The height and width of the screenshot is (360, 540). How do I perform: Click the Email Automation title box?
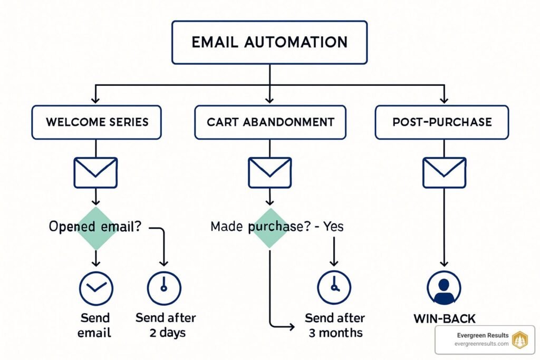tap(269, 42)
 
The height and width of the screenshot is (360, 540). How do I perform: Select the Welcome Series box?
tap(97, 122)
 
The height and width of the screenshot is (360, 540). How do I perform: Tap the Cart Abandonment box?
tap(270, 122)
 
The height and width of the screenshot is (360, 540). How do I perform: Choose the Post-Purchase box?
tap(442, 122)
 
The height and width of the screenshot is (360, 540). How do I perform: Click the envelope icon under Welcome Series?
tap(95, 172)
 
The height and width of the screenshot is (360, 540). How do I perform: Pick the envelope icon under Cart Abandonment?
tap(269, 172)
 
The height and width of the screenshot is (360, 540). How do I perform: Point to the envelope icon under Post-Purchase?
tap(444, 172)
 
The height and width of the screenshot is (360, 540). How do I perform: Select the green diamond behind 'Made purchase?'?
tap(269, 227)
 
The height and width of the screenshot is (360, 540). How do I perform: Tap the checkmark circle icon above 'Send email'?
tap(95, 288)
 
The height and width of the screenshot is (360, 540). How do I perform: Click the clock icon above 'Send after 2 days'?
tap(163, 288)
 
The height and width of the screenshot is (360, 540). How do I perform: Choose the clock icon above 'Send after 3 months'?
tap(334, 288)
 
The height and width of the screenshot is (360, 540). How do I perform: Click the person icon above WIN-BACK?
tap(443, 288)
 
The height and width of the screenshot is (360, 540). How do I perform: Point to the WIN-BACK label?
tap(443, 318)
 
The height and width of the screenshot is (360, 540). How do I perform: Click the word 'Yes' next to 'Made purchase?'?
tap(333, 227)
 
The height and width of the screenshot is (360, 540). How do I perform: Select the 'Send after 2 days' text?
tap(165, 325)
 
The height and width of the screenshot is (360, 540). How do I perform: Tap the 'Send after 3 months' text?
tap(334, 325)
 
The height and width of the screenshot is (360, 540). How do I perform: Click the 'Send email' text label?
tap(95, 325)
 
